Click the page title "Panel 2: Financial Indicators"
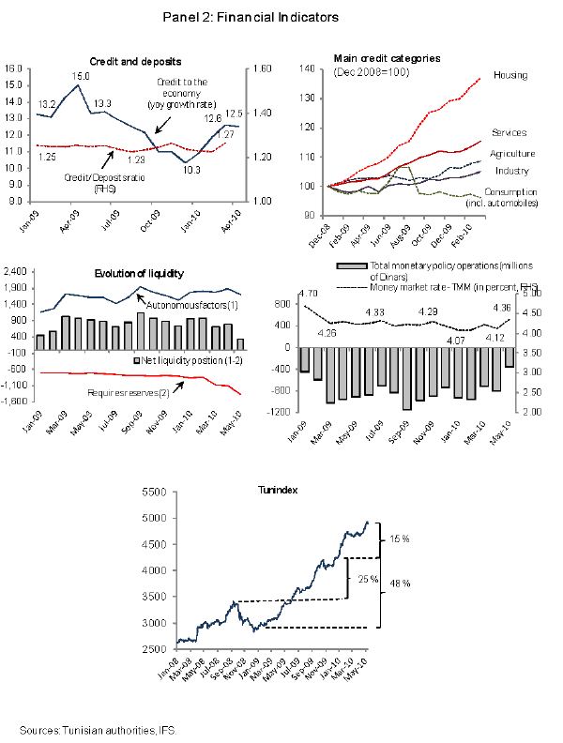(x=251, y=17)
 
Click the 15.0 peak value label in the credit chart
(x=82, y=76)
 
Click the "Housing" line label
(x=510, y=75)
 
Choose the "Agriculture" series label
(x=513, y=154)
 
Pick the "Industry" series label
(x=510, y=171)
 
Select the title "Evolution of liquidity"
(x=139, y=273)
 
